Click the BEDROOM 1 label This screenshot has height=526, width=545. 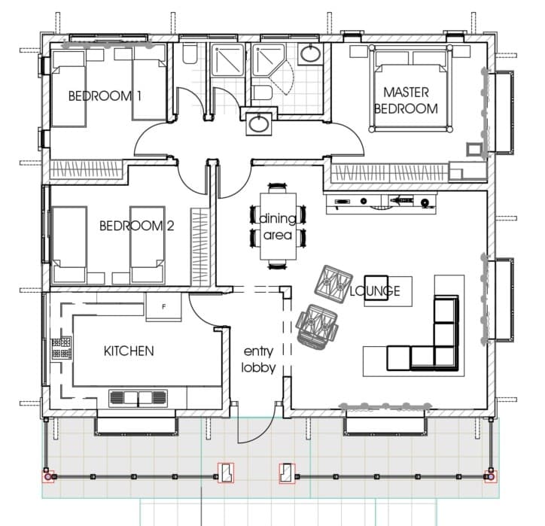105,96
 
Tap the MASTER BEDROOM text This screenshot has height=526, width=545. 406,100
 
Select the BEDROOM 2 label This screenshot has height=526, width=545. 136,226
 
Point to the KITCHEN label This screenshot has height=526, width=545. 129,351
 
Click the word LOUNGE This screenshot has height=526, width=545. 375,290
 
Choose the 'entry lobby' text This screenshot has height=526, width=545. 258,359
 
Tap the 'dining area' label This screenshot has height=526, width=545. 277,227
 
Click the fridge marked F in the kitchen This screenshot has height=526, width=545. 163,306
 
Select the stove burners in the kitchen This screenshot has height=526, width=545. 62,348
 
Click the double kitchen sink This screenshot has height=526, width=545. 138,398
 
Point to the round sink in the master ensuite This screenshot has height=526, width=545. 310,54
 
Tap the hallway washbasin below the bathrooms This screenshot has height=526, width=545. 257,123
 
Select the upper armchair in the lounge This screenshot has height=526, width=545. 333,281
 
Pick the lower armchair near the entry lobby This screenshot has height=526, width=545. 318,326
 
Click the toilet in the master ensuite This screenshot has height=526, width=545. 262,94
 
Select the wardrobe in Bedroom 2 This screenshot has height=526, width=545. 199,247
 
